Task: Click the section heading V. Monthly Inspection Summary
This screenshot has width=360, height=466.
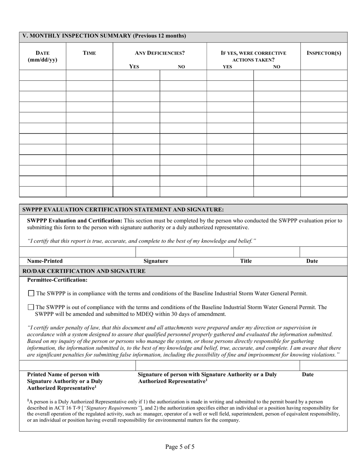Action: [104, 36]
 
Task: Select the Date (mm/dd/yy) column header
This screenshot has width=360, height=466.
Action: [42, 56]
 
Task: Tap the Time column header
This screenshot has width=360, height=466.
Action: [89, 53]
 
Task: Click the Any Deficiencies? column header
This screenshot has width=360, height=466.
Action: [160, 53]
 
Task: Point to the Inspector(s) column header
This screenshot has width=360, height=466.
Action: [324, 53]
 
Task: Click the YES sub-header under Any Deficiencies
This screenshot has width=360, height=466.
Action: [134, 67]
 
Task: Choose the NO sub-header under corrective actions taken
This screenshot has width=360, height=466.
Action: [277, 67]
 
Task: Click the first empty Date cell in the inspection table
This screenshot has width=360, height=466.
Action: [42, 75]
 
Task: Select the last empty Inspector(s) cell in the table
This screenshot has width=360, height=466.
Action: [324, 192]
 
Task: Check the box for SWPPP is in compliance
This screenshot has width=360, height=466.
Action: [31, 293]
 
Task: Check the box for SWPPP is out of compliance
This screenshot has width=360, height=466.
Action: [31, 307]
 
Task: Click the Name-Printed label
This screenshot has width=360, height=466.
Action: [45, 261]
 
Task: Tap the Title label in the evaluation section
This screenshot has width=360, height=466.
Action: [246, 261]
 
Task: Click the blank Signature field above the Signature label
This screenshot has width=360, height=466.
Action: [184, 252]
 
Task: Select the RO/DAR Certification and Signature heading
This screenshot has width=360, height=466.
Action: [84, 271]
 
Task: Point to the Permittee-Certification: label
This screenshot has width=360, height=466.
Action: [57, 280]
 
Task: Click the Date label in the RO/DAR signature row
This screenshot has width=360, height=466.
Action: [308, 375]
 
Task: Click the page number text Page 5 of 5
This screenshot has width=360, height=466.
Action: [180, 447]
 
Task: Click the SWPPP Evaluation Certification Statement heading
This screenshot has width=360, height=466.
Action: [123, 210]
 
